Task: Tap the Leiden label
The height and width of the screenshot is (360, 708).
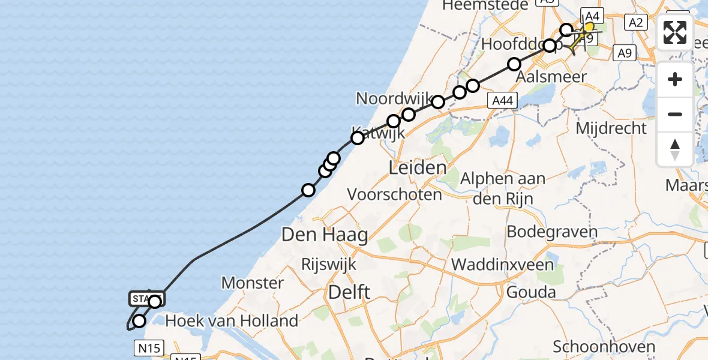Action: (418, 167)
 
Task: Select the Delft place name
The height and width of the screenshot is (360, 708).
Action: (349, 293)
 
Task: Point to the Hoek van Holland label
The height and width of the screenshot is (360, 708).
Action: (232, 321)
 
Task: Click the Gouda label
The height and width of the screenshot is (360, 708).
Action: (530, 293)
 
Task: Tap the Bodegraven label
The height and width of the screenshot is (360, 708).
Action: (552, 232)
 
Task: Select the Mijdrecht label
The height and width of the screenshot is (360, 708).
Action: (611, 128)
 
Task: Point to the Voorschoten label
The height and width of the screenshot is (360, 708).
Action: (395, 194)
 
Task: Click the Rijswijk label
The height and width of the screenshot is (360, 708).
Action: (329, 265)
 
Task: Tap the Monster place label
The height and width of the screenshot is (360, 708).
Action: (253, 283)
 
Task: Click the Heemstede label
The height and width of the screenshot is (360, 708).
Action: (485, 5)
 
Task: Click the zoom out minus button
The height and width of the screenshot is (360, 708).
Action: (675, 114)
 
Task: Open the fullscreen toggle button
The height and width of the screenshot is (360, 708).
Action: (675, 32)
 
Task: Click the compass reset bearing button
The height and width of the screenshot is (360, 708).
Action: (675, 149)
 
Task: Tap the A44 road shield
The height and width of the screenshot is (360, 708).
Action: (502, 101)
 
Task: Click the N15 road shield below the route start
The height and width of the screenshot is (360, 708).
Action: (148, 347)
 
